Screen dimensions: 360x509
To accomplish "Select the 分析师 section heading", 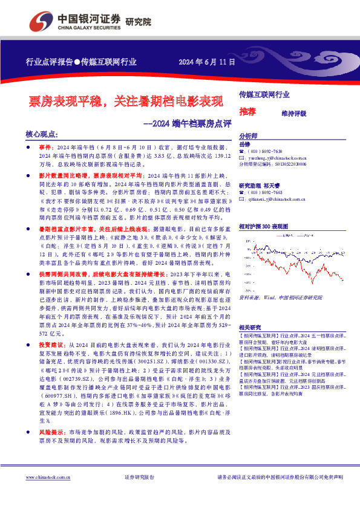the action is [248, 137].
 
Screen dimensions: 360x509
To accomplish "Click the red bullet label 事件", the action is [46, 147].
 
